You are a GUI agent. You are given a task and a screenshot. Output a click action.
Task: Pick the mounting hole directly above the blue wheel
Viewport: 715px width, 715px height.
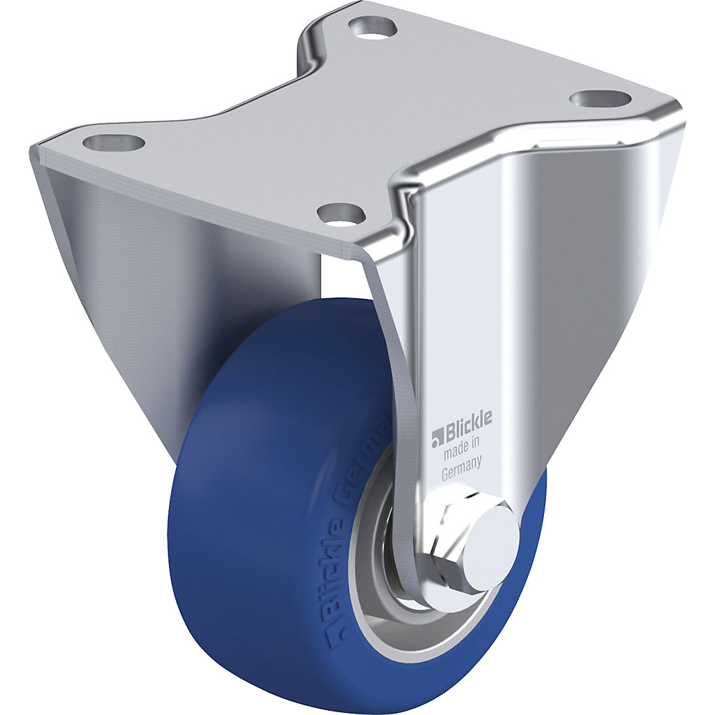tap(341, 211)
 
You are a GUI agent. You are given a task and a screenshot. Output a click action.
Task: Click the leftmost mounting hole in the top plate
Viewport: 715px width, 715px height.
tap(113, 143)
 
